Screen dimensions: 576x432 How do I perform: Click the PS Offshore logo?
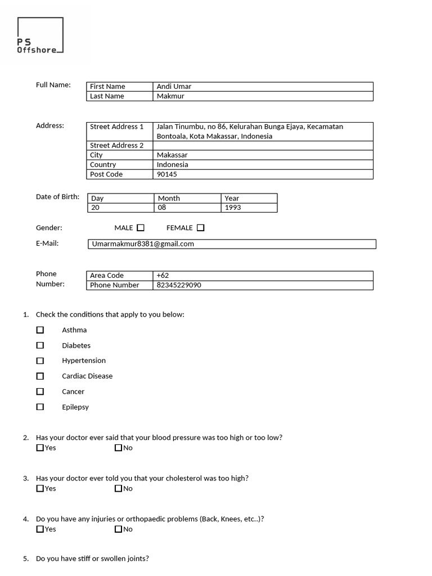[40, 36]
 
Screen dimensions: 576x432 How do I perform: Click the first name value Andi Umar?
[174, 87]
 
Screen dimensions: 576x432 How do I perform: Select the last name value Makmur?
[170, 96]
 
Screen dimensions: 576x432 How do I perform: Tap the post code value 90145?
[167, 174]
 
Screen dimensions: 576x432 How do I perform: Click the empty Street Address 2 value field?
[263, 145]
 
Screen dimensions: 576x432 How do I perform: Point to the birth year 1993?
[233, 208]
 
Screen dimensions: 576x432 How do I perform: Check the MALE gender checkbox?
[141, 228]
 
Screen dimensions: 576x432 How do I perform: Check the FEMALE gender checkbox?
[201, 228]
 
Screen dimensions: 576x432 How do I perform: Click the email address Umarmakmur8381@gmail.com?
[143, 244]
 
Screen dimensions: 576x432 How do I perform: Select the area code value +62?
[163, 276]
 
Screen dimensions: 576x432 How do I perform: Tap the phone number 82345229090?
[179, 285]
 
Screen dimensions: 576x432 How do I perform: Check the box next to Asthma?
[40, 330]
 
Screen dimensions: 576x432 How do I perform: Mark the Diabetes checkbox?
[40, 345]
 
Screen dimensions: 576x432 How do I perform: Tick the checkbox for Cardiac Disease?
[40, 376]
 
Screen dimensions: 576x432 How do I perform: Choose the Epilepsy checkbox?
[40, 407]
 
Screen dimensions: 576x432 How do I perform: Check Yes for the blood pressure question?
[40, 448]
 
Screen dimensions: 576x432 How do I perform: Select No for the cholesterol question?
[118, 488]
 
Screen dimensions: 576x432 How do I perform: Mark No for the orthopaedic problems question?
[118, 529]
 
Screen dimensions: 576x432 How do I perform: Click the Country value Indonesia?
[172, 165]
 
